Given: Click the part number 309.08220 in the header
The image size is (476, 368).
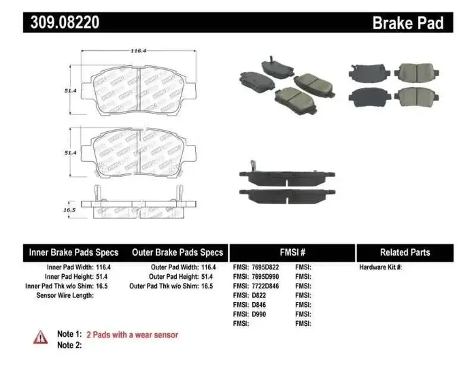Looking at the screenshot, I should coord(65,22).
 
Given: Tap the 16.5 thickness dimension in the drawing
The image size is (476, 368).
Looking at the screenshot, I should coord(69,210).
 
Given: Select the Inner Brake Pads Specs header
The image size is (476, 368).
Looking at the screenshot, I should coord(73,252).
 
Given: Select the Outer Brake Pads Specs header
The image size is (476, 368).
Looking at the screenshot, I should coord(177,252).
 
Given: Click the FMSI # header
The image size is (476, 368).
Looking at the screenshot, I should coord(292,252).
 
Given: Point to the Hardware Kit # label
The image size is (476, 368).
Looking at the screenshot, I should coord(381,267).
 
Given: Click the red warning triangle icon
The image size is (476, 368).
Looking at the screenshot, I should coord(41,337).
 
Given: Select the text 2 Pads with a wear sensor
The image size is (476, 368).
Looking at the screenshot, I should coord(133,335).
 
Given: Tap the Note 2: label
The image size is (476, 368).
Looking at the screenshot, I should coord(69,345).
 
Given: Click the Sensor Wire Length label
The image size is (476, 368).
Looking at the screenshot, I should coord(65,296).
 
